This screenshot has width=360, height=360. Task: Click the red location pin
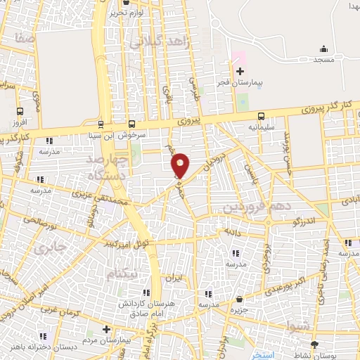(x=181, y=165)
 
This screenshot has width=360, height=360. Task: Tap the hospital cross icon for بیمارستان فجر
(x=240, y=72)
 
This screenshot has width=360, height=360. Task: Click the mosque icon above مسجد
(x=323, y=49)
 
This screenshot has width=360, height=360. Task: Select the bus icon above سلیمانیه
(x=261, y=116)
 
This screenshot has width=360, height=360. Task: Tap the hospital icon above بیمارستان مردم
(x=105, y=328)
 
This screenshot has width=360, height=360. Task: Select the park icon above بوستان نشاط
(x=314, y=344)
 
